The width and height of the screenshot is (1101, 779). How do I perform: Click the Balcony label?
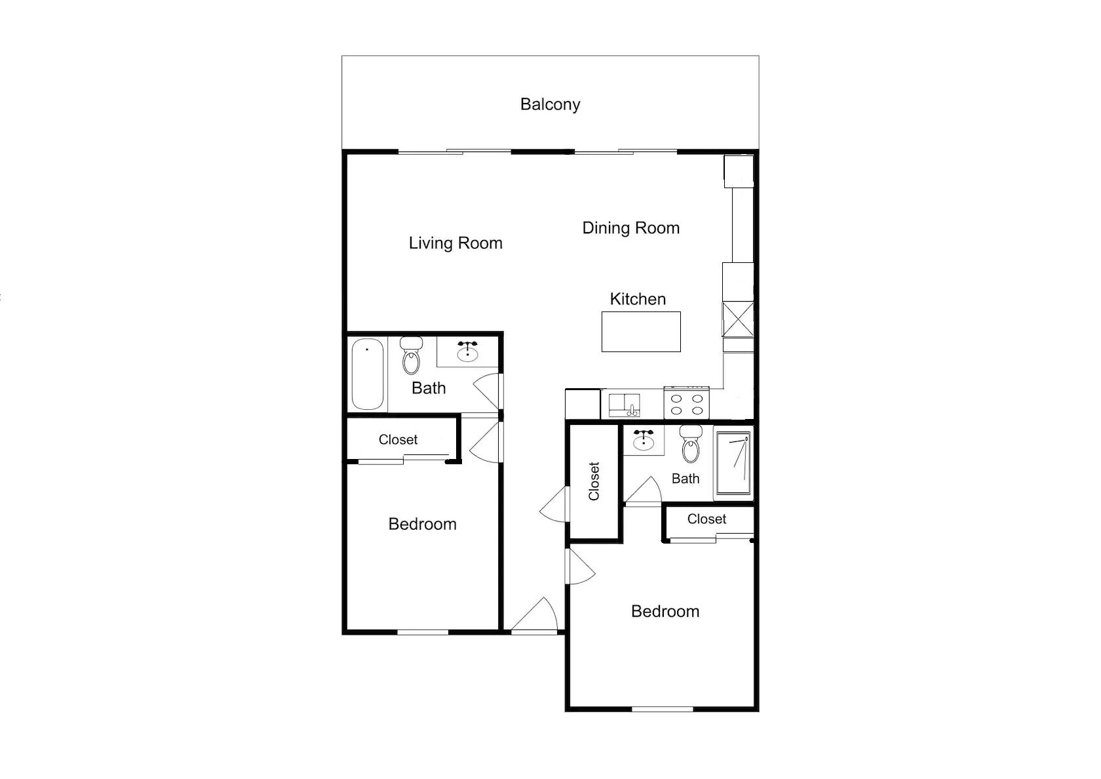[x=550, y=105]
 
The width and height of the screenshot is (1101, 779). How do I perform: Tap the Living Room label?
[x=455, y=243]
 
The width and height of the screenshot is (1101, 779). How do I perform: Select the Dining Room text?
[x=631, y=228]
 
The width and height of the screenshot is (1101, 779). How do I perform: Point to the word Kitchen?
[x=638, y=299]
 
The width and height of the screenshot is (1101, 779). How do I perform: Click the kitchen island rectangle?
[x=641, y=332]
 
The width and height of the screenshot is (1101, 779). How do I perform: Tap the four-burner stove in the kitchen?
[x=687, y=403]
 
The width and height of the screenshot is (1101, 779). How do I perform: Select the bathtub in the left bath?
[x=368, y=374]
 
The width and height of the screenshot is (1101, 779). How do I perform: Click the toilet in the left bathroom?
[x=411, y=355]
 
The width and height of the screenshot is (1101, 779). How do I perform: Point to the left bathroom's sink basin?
[x=467, y=351]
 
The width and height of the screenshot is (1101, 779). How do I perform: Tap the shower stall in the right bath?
[x=733, y=463]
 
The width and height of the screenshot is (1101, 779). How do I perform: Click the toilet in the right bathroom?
[x=691, y=444]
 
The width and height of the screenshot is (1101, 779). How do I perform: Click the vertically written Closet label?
[x=594, y=481]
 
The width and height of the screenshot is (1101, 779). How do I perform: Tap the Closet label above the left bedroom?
[x=398, y=439]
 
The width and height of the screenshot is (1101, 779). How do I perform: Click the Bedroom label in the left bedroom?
[x=423, y=525]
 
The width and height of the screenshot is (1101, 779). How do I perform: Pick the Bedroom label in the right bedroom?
[x=666, y=612]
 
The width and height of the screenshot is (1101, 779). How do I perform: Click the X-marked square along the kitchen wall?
[x=738, y=319]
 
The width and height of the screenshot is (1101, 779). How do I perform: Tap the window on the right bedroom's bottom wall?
[x=662, y=709]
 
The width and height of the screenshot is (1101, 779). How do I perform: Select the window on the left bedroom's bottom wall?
[x=423, y=632]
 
